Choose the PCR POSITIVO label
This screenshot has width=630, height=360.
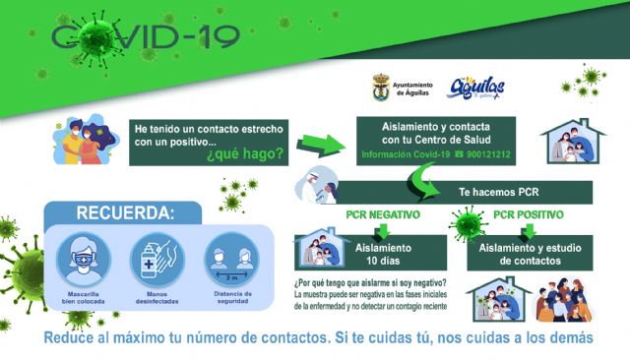click(528, 213)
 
